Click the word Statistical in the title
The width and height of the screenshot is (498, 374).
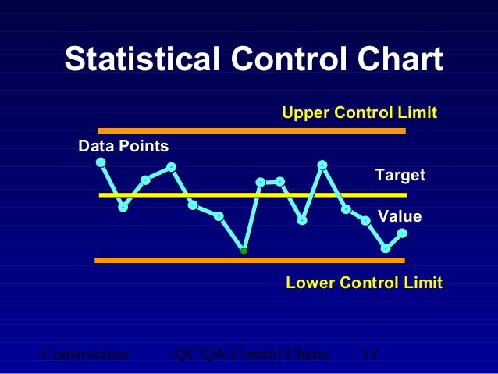click(141, 60)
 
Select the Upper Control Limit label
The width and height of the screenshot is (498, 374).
click(359, 113)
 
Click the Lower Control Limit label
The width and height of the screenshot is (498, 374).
click(364, 282)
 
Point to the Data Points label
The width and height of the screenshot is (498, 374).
click(123, 146)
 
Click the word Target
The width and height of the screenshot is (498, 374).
click(400, 175)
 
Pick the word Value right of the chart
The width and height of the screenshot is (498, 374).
click(400, 216)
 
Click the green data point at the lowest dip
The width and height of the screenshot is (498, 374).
click(244, 251)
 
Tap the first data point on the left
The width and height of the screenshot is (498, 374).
click(101, 162)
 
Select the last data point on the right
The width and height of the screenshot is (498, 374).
click(402, 233)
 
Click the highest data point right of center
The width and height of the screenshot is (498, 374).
click(322, 165)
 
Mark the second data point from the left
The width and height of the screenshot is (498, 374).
click(123, 207)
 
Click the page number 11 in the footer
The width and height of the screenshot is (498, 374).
click(370, 354)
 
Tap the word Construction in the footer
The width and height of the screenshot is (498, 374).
click(84, 354)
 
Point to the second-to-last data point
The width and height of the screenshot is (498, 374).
click(385, 248)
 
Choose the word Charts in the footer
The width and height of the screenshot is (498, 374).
click(307, 354)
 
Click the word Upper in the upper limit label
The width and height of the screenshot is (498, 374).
click(305, 113)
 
